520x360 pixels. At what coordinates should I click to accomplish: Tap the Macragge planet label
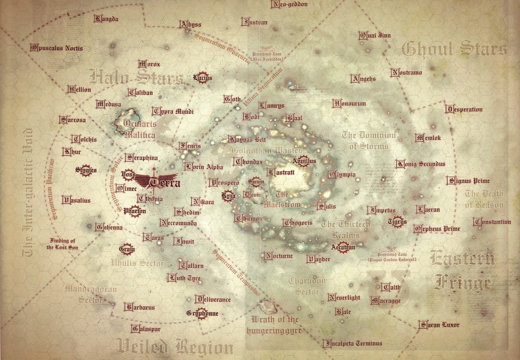[386, 301]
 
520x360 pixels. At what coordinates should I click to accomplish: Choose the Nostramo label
[406, 72]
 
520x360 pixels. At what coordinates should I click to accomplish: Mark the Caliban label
[139, 92]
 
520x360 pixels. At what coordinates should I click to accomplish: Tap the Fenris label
[190, 146]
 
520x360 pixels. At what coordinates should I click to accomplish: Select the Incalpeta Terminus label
[353, 343]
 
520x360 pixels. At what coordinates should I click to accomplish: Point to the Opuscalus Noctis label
[56, 48]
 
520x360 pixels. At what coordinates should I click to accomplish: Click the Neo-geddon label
[289, 5]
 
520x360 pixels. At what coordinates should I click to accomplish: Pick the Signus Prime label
[468, 180]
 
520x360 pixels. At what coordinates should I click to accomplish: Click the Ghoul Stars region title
[454, 49]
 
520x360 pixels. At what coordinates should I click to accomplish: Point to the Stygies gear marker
[86, 170]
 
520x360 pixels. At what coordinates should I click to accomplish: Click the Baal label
[294, 118]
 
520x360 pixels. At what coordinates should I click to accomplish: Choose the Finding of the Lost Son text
[62, 244]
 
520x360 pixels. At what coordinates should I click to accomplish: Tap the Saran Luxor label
[439, 324]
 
